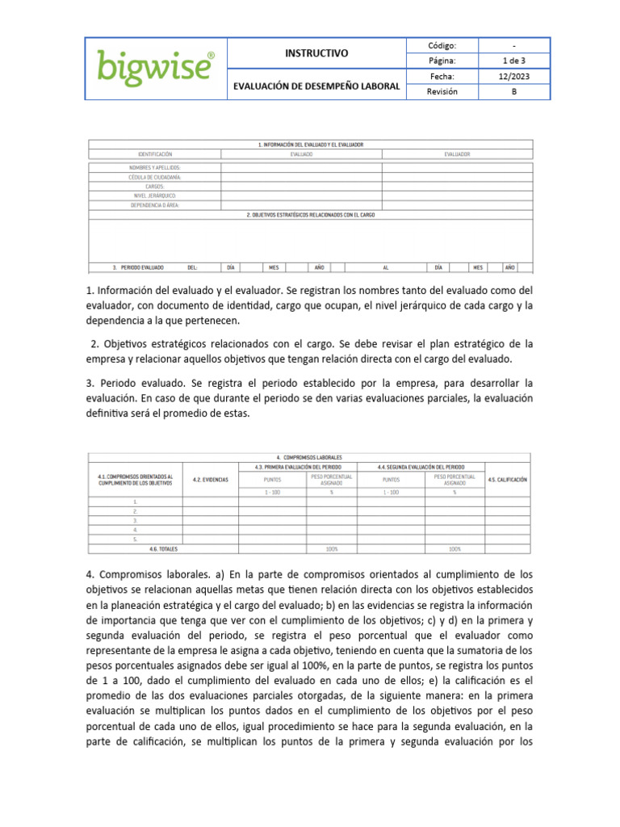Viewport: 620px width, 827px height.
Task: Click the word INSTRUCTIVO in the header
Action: [x=316, y=53]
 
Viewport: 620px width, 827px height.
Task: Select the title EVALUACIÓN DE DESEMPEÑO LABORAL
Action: [x=316, y=85]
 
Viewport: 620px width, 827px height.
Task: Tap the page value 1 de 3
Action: [x=514, y=61]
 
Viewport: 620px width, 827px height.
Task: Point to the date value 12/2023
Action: [x=514, y=76]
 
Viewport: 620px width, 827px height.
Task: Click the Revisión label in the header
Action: [x=442, y=91]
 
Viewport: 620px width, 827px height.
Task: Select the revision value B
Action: [x=514, y=91]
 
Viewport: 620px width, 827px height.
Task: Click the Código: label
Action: [x=442, y=45]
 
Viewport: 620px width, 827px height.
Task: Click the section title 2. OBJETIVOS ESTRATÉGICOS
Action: [x=311, y=215]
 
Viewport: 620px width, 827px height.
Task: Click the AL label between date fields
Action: [x=386, y=267]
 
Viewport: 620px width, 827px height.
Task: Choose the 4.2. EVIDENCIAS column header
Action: [x=211, y=480]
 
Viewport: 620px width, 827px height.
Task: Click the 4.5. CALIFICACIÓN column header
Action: [x=507, y=480]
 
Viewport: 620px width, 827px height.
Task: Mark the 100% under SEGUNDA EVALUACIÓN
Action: [x=455, y=549]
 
